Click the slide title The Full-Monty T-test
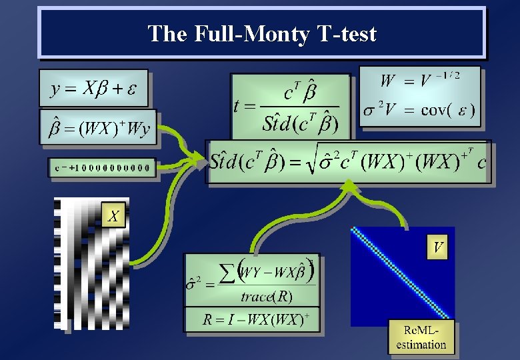pos(262,33)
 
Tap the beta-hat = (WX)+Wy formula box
pos(99,127)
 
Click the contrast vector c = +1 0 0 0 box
pos(102,168)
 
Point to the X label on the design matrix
pos(114,215)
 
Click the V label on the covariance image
pos(438,248)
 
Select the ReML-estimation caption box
pos(421,337)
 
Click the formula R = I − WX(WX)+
pos(255,319)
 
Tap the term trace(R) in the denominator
pos(267,296)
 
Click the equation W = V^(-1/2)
pos(420,81)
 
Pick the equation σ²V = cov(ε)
pos(419,110)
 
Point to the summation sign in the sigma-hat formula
pos(227,272)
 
